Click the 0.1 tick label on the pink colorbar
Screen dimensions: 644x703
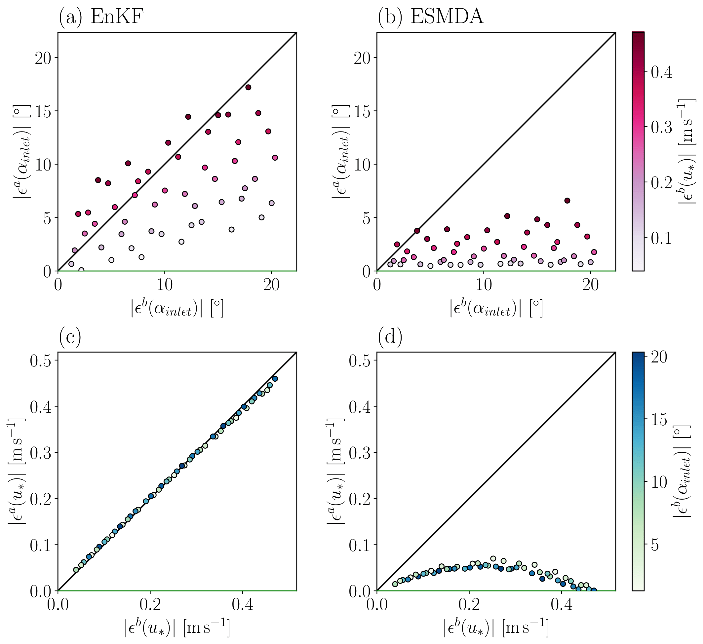(x=661, y=239)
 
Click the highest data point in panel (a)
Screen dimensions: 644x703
(x=248, y=87)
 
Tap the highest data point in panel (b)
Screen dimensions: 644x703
(x=567, y=201)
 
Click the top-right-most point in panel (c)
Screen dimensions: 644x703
(x=275, y=379)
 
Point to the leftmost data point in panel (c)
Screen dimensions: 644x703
(x=76, y=570)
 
